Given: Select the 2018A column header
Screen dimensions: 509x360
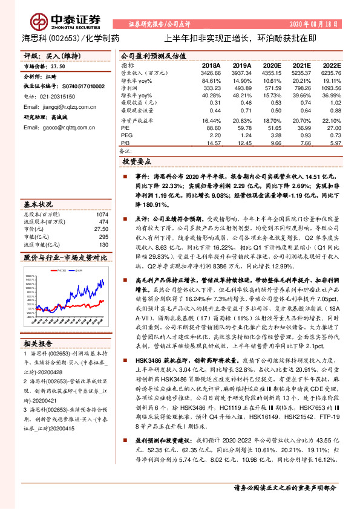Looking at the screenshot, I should click(211, 65).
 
